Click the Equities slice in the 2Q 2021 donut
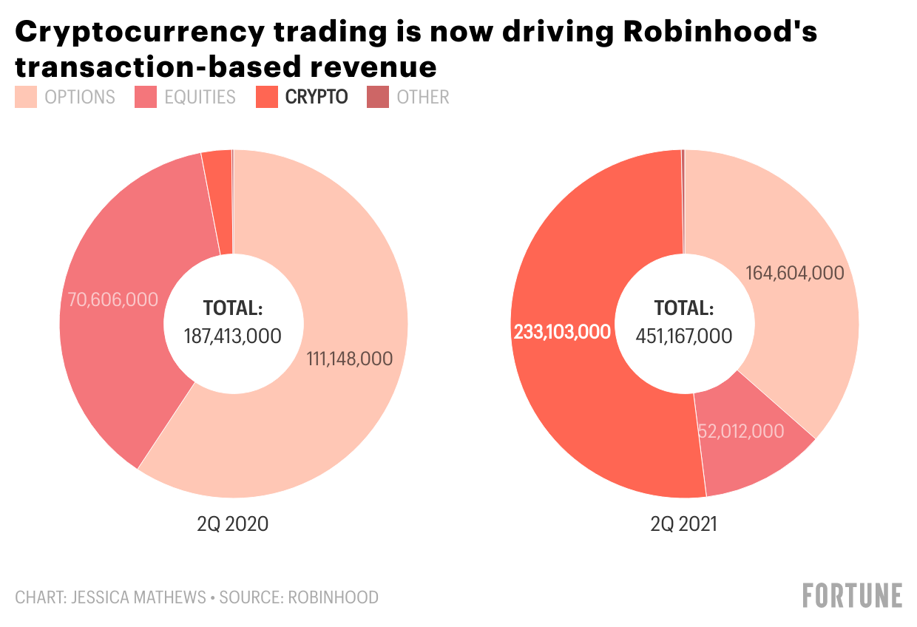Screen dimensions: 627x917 (754, 451)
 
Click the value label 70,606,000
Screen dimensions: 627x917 (113, 299)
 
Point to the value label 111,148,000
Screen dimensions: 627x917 (349, 359)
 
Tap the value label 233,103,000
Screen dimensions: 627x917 (562, 332)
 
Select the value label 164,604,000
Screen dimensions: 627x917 (795, 273)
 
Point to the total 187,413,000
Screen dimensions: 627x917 (233, 336)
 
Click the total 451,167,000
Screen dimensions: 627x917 (684, 336)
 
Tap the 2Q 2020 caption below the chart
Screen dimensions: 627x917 (233, 524)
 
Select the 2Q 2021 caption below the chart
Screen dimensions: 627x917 (684, 524)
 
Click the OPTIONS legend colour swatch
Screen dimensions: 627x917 (25, 97)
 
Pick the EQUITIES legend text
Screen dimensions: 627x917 (200, 97)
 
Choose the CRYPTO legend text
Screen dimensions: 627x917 (316, 97)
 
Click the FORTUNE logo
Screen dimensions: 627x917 (853, 595)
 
